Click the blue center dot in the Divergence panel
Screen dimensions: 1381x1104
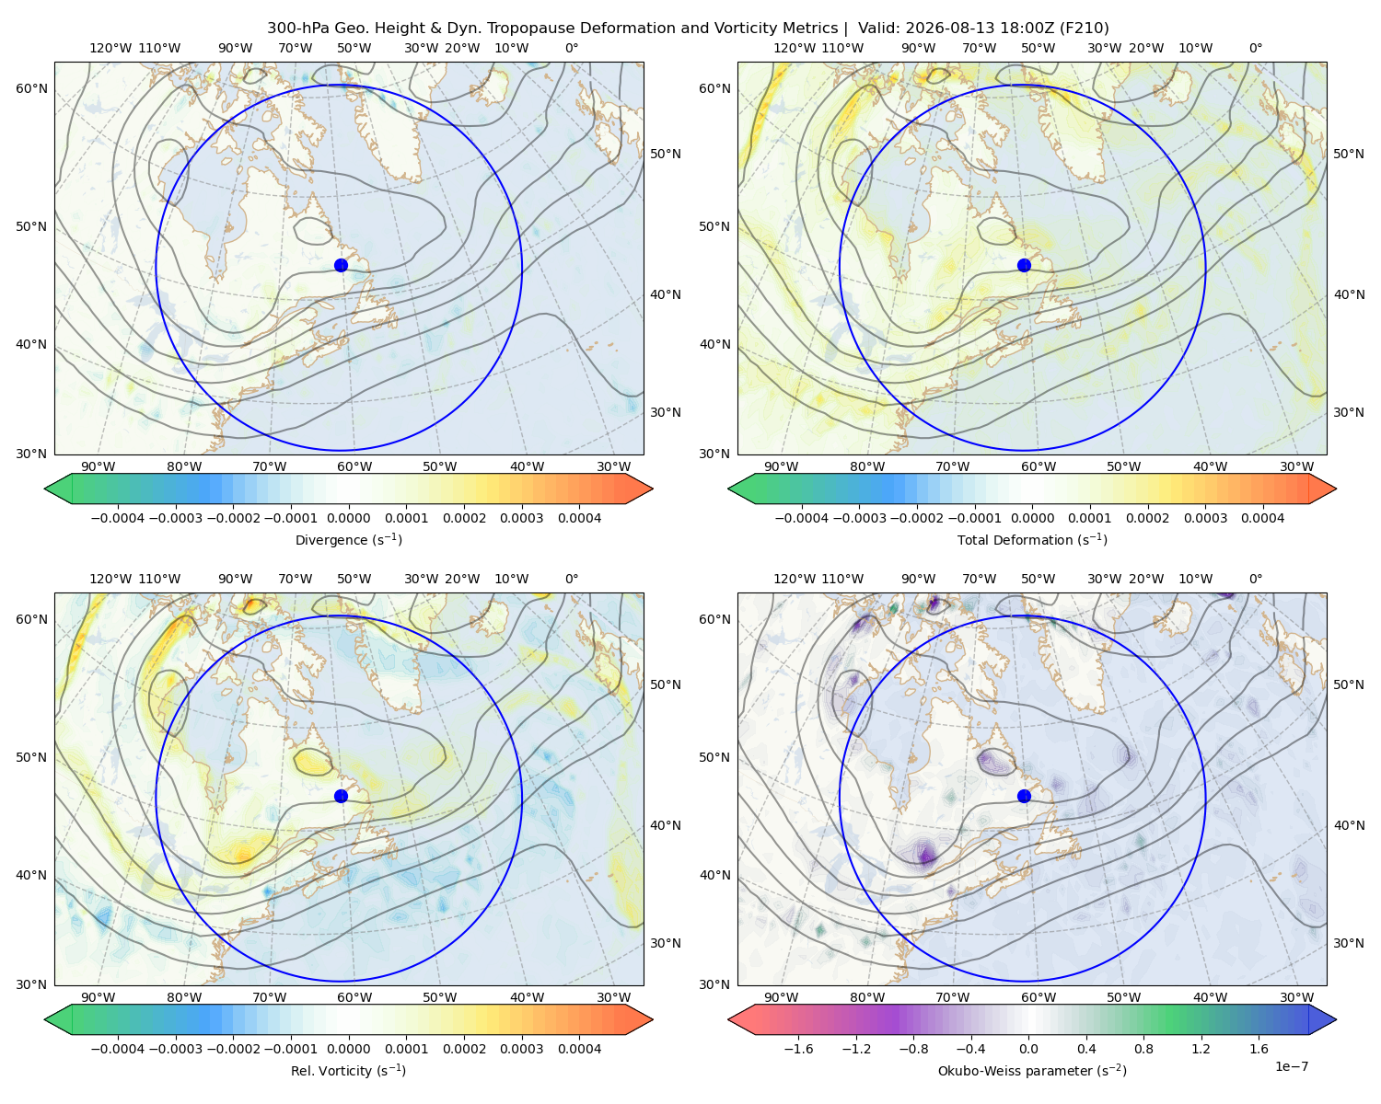tap(341, 266)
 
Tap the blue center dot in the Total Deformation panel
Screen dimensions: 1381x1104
tap(1024, 266)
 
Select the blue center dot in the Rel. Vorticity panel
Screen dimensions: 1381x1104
tap(341, 796)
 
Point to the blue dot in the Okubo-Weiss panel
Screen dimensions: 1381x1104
tap(1024, 796)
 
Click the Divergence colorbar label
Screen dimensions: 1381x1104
tap(348, 540)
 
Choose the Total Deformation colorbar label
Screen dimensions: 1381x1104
tap(1032, 540)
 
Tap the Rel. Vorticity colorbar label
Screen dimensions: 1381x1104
tap(348, 1071)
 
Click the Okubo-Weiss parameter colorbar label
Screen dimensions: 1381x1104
tap(1032, 1071)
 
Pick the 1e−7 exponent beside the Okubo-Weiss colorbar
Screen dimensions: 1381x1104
tap(1291, 1066)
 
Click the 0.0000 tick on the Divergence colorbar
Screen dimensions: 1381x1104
tap(348, 518)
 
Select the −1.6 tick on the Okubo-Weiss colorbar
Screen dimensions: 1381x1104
tap(798, 1049)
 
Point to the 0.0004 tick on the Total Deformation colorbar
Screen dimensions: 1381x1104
tap(1263, 518)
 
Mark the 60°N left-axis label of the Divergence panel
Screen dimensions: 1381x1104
tap(31, 88)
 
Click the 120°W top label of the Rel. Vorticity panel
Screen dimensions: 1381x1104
tap(110, 579)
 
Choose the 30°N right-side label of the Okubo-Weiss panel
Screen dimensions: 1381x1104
tap(1349, 943)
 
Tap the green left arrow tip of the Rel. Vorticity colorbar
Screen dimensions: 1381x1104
tap(45, 1020)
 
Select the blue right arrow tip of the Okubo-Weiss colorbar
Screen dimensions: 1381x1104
tap(1336, 1020)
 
